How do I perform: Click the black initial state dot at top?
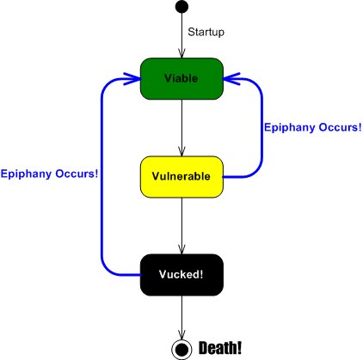click(181, 8)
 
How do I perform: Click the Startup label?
click(206, 33)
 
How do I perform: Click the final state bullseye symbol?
click(181, 348)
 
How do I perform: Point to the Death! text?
click(220, 348)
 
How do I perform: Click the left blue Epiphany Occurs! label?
click(49, 174)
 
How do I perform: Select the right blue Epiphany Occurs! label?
click(312, 128)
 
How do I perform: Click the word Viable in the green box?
click(181, 78)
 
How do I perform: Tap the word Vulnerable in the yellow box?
click(181, 176)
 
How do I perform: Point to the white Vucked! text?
click(181, 275)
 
